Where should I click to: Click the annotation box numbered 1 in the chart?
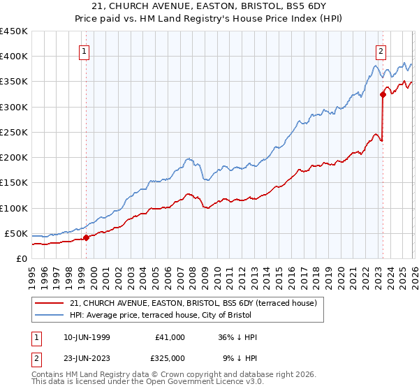coord(84,50)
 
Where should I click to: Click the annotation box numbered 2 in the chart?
coord(381,50)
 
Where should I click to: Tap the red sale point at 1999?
coord(87,237)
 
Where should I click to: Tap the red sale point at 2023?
coord(383,94)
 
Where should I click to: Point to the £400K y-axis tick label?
coord(14,57)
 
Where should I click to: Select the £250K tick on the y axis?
coord(14,132)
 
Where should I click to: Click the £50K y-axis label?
coord(17,233)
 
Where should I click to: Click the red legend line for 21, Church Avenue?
coord(50,303)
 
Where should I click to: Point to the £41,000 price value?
coord(170,337)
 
